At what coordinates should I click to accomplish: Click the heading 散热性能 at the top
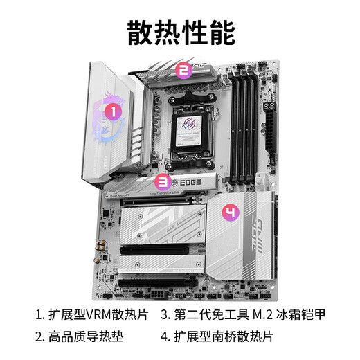click(x=180, y=31)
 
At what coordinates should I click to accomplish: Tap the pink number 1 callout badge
click(x=109, y=110)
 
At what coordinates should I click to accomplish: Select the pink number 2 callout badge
click(x=183, y=69)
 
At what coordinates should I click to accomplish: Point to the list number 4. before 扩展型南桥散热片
click(x=165, y=337)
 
